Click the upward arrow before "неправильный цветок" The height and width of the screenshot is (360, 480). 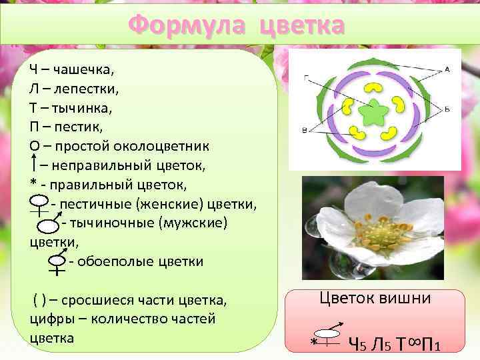click(x=33, y=163)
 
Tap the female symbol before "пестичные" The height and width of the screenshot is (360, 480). click(x=39, y=203)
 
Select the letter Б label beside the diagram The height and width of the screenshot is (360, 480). click(x=447, y=109)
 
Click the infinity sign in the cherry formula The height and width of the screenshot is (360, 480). click(x=414, y=341)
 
